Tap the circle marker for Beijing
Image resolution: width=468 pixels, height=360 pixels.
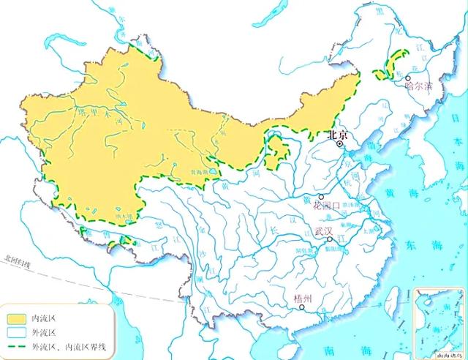click(340, 145)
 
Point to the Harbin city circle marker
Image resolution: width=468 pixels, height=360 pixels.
click(409, 77)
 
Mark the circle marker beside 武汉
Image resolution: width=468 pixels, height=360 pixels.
click(330, 239)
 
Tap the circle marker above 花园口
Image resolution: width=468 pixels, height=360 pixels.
click(321, 197)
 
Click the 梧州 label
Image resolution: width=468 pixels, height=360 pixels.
click(303, 299)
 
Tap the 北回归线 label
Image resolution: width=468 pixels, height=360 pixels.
click(17, 258)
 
